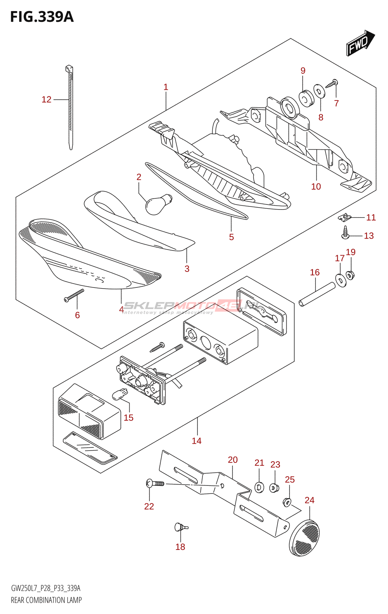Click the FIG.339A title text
click(41, 17)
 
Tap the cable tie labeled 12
click(70, 107)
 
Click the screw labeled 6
click(74, 295)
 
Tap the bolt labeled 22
click(155, 484)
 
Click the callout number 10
click(316, 187)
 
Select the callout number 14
click(197, 441)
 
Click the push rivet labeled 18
click(180, 527)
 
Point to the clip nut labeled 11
click(345, 218)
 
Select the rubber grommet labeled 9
click(306, 98)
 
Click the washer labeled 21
click(259, 488)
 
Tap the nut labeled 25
click(287, 502)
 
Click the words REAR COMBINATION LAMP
click(46, 600)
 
